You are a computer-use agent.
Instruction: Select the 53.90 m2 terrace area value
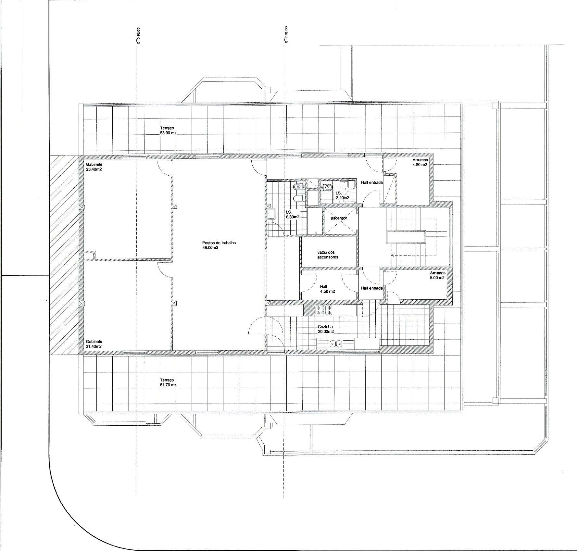click(168, 133)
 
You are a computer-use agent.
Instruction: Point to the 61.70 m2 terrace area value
click(168, 385)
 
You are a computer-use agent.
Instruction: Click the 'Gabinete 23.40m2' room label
click(94, 167)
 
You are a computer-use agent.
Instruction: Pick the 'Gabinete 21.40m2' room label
click(94, 344)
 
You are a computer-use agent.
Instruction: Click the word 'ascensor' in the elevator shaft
click(339, 218)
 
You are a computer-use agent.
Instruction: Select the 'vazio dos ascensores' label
click(328, 255)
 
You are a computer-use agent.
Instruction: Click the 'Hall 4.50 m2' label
click(327, 289)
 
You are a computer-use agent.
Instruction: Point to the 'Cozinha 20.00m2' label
click(326, 329)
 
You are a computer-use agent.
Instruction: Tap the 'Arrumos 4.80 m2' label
click(420, 162)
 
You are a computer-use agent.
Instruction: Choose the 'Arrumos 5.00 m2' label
click(437, 276)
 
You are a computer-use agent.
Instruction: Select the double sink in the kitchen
click(336, 344)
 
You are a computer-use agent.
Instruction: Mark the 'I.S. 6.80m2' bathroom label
click(293, 214)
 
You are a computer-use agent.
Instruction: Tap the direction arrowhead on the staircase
click(393, 255)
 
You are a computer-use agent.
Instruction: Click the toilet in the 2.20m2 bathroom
click(326, 187)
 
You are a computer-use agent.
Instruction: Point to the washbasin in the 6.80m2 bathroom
click(271, 214)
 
